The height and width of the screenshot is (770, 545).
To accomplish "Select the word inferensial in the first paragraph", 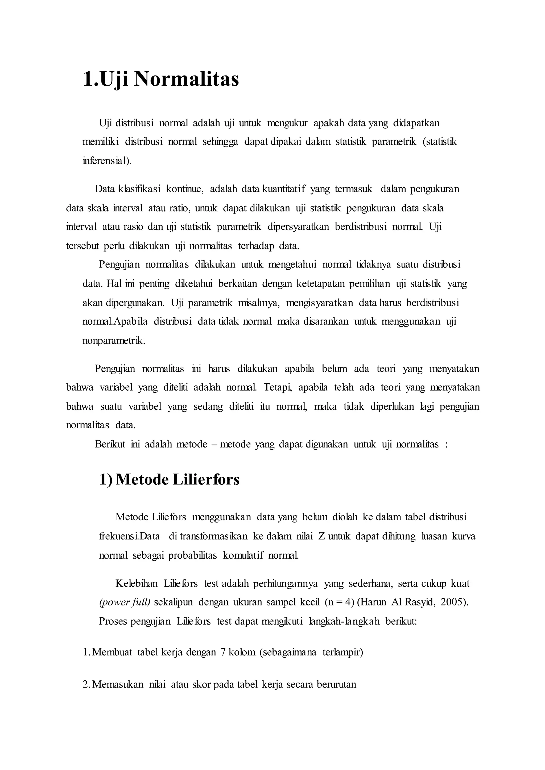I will click(x=106, y=161).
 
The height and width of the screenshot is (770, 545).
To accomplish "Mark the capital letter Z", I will click(x=322, y=536).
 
